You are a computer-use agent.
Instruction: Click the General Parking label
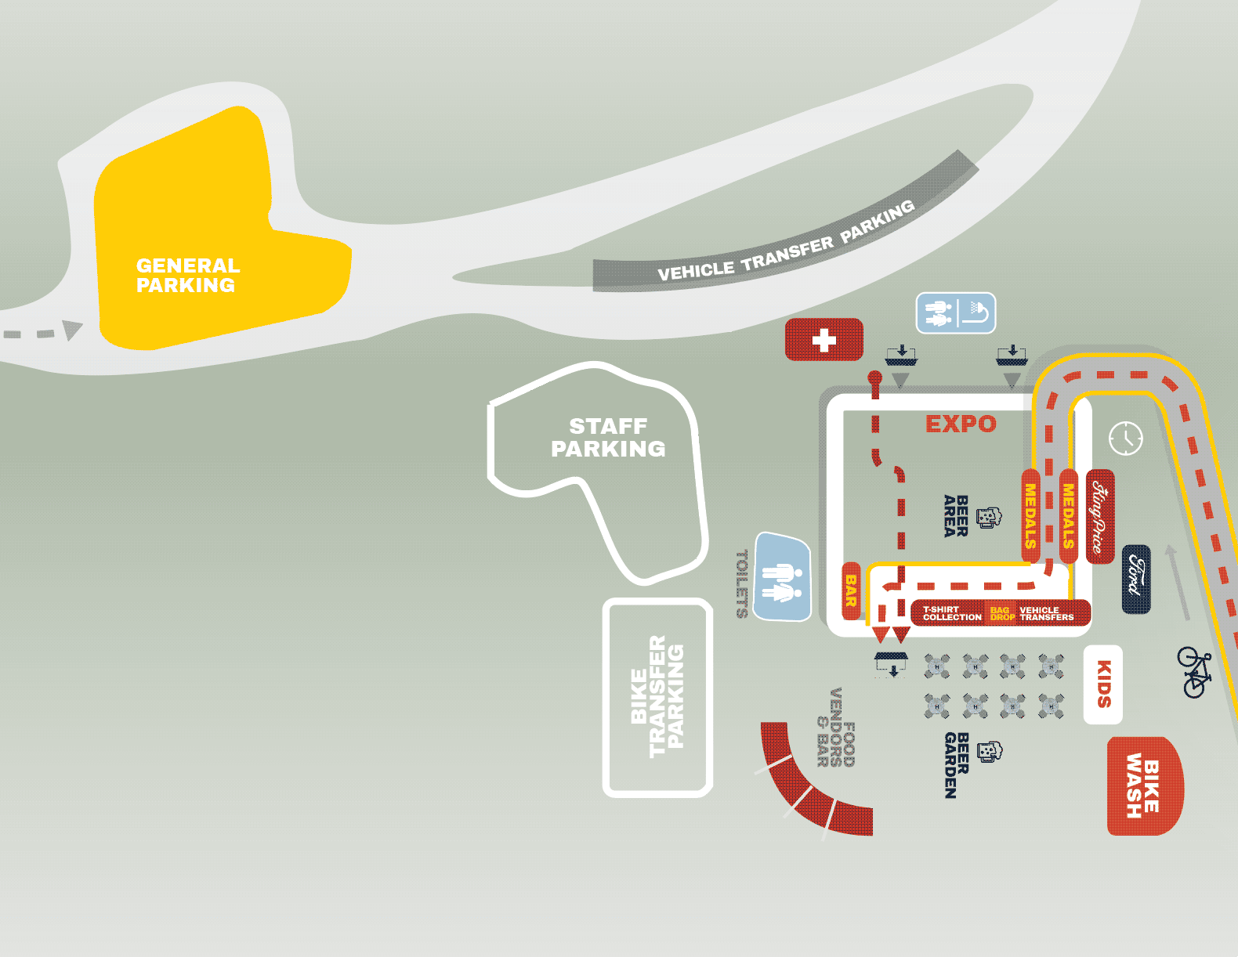pyautogui.click(x=187, y=275)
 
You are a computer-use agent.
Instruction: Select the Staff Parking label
pyautogui.click(x=608, y=437)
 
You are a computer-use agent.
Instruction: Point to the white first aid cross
pyautogui.click(x=824, y=341)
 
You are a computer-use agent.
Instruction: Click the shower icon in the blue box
pyautogui.click(x=978, y=312)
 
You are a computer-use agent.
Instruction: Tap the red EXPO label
pyautogui.click(x=961, y=424)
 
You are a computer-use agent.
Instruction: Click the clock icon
pyautogui.click(x=1126, y=439)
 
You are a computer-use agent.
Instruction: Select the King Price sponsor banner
pyautogui.click(x=1100, y=516)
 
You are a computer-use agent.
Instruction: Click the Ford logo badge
pyautogui.click(x=1136, y=579)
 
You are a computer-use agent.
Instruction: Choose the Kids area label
pyautogui.click(x=1103, y=684)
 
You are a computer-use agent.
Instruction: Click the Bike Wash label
pyautogui.click(x=1143, y=785)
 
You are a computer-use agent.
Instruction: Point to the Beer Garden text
pyautogui.click(x=957, y=765)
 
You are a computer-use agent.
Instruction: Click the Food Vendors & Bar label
pyautogui.click(x=836, y=728)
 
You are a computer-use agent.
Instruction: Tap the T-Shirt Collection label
pyautogui.click(x=952, y=613)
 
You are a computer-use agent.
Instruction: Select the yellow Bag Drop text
pyautogui.click(x=1002, y=613)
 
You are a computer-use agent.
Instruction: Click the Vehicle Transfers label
pyautogui.click(x=1047, y=613)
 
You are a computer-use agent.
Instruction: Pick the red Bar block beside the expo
pyautogui.click(x=851, y=590)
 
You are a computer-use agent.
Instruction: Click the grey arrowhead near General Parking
pyautogui.click(x=72, y=330)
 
